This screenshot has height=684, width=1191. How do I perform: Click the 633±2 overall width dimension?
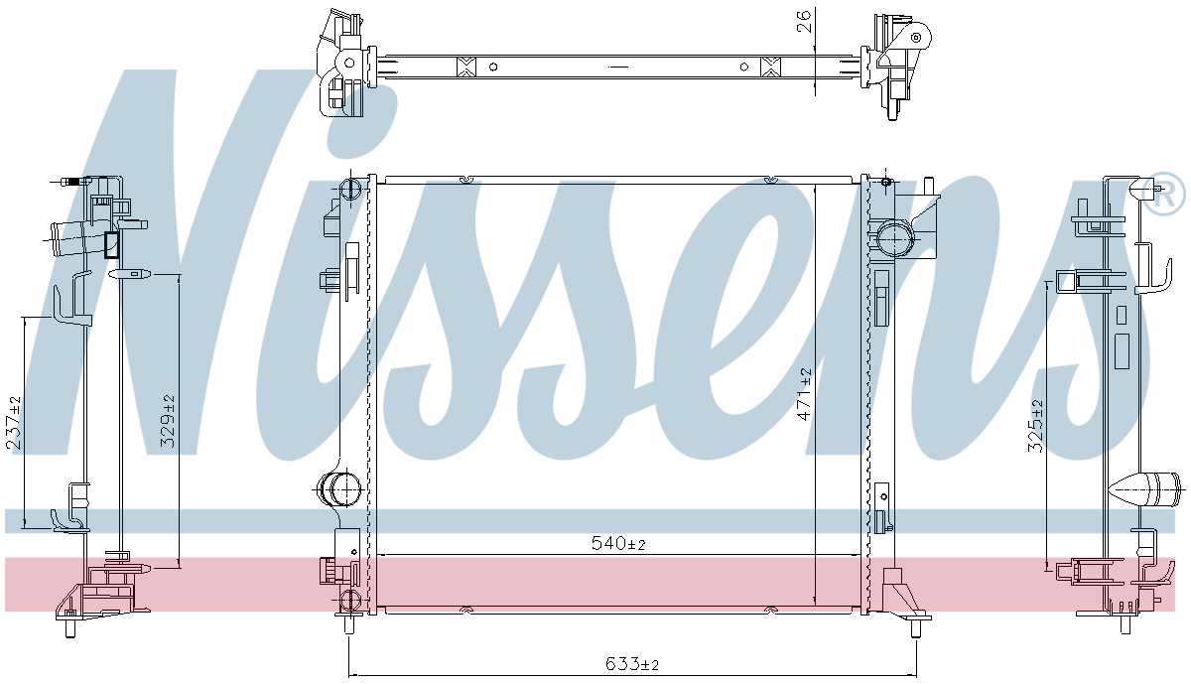[x=631, y=664]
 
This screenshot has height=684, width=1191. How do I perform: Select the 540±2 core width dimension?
[x=618, y=544]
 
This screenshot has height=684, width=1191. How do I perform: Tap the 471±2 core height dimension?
[x=805, y=394]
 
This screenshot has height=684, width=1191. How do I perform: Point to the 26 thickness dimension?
[x=805, y=22]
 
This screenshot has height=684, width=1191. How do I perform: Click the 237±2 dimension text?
[x=15, y=423]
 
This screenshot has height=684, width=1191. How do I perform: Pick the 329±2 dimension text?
[x=169, y=421]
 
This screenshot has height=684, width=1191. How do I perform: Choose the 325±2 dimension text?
[x=1036, y=426]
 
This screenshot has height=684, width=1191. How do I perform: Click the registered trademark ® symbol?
[x=1163, y=196]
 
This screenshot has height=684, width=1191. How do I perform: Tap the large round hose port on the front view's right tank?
[x=894, y=239]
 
